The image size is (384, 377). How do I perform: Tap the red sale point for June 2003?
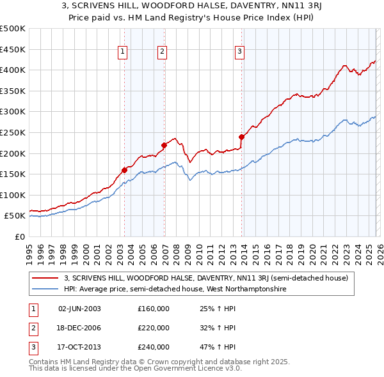124,170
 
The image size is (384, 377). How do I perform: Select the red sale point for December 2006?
164,145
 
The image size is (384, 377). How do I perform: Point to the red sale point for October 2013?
242,136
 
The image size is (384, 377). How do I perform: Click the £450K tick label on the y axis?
13,49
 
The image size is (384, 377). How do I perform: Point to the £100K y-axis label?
13,195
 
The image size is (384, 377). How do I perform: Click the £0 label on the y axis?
19,236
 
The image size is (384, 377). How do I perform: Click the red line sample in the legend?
45,278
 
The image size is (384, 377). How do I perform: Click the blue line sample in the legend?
45,289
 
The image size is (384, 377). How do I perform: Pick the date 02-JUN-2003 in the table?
79,309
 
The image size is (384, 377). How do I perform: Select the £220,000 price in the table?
154,328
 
